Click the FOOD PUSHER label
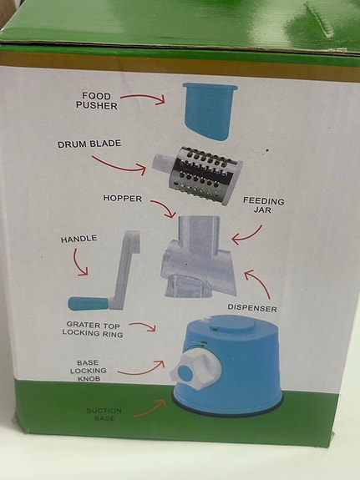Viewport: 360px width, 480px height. point(97,100)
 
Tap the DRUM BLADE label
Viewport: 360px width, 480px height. point(89,144)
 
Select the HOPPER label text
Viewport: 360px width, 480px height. point(123,199)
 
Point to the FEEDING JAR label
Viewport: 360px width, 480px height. point(264,205)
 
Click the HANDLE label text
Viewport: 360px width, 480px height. point(79,239)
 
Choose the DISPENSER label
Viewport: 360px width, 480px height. point(252,308)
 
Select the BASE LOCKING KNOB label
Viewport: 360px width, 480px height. point(88,371)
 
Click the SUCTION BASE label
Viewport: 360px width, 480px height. point(105,414)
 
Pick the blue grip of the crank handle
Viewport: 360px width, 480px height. point(86,303)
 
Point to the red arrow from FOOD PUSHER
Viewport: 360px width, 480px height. point(145,99)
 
